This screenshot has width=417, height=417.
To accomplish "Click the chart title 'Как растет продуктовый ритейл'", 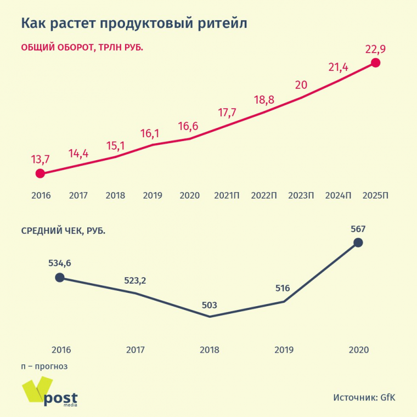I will tap(134, 24).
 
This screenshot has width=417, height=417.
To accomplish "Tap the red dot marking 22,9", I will tap(375, 63).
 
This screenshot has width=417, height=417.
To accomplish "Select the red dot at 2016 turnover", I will tap(40, 173).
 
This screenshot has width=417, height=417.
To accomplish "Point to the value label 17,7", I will tap(227, 112).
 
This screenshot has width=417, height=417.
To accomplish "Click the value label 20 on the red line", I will tap(301, 84).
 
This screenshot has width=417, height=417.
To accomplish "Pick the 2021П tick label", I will tap(227, 195).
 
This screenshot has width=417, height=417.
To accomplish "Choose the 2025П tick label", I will tap(376, 195).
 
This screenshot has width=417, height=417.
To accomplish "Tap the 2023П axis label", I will tap(301, 195).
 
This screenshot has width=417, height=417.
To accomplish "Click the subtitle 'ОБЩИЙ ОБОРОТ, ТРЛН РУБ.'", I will tap(82, 48).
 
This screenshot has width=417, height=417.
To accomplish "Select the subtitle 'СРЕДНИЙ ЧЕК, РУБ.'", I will tap(63, 230).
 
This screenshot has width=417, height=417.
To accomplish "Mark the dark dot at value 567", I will tap(358, 242).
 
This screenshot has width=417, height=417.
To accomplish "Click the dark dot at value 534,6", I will tap(60, 277).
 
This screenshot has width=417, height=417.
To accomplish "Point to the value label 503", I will tap(210, 305).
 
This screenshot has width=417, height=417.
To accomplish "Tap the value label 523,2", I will tap(135, 280).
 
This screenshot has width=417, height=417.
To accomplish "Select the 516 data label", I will tap(283, 289).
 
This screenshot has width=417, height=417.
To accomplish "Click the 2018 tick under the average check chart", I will tap(210, 350).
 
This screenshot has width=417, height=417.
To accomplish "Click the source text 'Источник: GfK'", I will tap(364, 397).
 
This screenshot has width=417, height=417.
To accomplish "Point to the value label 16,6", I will tap(189, 126).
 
